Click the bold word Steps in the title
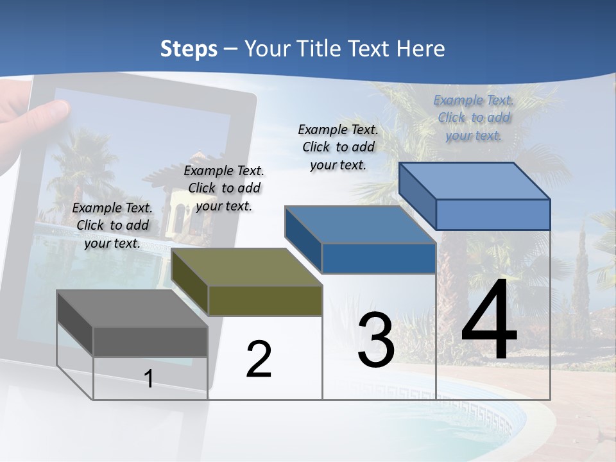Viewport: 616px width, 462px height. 189,49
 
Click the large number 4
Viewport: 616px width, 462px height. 489,321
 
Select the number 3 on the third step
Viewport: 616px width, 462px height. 375,340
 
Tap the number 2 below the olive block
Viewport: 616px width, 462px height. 259,359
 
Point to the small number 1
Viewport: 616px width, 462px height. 149,379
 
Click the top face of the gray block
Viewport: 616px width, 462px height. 132,309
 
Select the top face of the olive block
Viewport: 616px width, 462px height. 246,267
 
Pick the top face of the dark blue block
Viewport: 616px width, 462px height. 359,225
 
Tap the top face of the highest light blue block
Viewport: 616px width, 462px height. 475,181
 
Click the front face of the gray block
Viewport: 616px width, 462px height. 150,341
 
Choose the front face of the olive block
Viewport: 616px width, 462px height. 265,300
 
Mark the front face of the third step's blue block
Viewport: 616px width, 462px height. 379,258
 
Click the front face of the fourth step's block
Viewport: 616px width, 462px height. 493,214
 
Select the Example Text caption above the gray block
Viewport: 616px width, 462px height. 113,225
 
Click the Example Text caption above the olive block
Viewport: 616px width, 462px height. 224,188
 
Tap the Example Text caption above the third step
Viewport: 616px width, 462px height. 338,147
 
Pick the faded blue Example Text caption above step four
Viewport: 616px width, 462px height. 474,117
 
